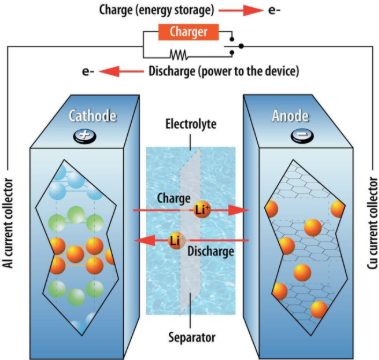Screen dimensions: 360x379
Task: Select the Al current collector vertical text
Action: click(13, 229)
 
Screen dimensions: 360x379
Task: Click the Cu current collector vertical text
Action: click(369, 229)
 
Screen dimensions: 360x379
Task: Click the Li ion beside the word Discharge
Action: click(175, 240)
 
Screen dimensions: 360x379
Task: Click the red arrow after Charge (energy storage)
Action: click(255, 11)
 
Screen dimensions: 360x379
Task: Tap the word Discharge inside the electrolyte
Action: click(210, 252)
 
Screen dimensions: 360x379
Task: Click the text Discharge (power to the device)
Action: click(220, 72)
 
